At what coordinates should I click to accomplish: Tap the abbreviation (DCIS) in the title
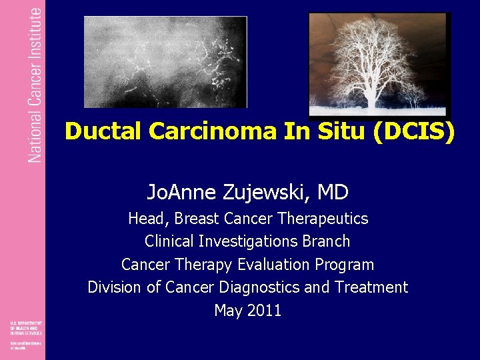pyautogui.click(x=414, y=131)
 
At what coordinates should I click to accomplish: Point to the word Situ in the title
pyautogui.click(x=336, y=131)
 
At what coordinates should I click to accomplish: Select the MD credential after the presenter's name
pyautogui.click(x=333, y=193)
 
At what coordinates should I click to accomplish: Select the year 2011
pyautogui.click(x=264, y=311)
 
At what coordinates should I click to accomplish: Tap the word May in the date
pyautogui.click(x=228, y=311)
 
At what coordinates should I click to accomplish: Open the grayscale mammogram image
pyautogui.click(x=165, y=61)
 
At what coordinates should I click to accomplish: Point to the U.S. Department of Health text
pyautogui.click(x=25, y=327)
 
